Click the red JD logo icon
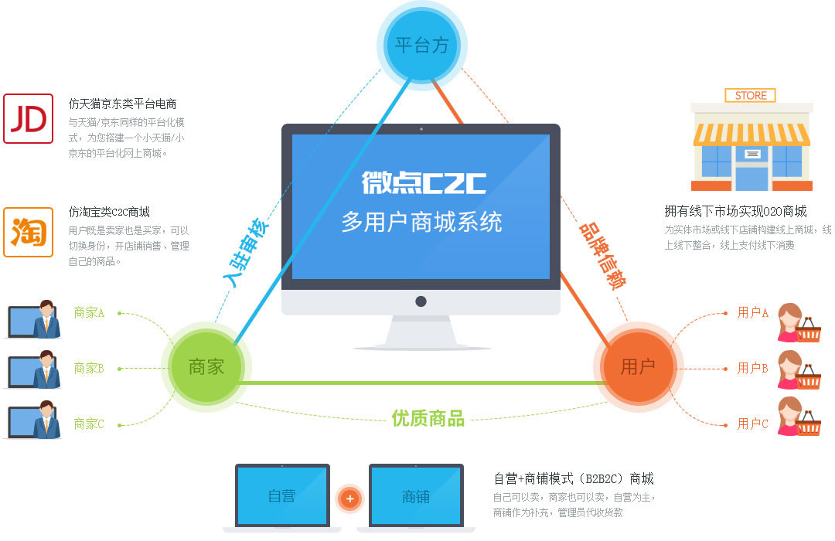click(29, 119)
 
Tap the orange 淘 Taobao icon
click(29, 232)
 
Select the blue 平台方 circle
click(422, 46)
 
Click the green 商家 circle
click(206, 367)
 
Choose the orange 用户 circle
click(638, 367)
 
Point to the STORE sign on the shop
click(750, 95)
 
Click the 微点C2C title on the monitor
click(424, 182)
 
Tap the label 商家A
click(89, 312)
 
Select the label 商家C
click(89, 424)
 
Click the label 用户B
click(752, 368)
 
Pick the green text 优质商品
click(428, 419)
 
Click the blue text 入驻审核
click(246, 252)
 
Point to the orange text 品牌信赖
click(602, 255)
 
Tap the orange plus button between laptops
click(350, 499)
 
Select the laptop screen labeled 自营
click(282, 496)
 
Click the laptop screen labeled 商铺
click(416, 496)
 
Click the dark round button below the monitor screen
click(421, 301)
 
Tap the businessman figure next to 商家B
click(46, 369)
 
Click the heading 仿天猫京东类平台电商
click(122, 104)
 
